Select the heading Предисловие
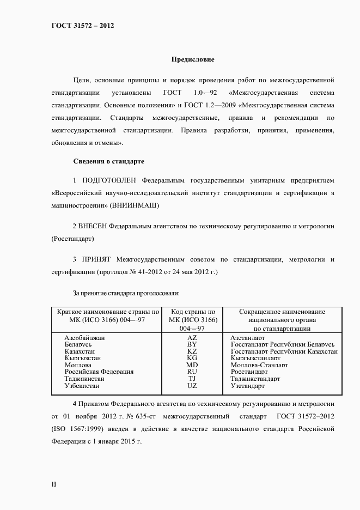coord(193,59)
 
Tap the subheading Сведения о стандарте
coord(108,162)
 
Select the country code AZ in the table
coord(192,338)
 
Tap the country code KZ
coord(192,351)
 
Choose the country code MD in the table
coord(192,365)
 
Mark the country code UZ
coord(192,385)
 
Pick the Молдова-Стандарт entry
coord(259,365)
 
